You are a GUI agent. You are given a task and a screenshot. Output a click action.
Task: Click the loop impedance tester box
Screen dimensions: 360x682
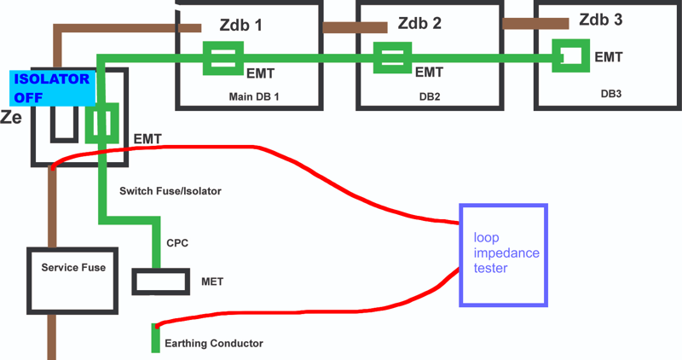502,255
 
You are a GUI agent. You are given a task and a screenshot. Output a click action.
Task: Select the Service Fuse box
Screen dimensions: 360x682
73,280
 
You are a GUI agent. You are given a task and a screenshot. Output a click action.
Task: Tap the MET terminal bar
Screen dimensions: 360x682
160,282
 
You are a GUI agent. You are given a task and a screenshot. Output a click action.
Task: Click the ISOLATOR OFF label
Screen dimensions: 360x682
51,88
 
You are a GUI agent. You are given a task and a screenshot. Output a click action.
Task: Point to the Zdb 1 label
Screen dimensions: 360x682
240,25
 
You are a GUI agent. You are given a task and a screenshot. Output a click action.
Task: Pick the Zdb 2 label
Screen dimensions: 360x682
419,24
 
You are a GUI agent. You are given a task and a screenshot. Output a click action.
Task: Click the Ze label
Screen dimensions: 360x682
11,118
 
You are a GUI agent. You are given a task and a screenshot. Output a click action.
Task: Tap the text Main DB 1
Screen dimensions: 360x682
254,96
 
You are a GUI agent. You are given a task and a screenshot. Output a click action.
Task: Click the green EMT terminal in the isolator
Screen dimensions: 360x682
103,125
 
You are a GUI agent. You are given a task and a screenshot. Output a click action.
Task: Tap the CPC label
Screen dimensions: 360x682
177,243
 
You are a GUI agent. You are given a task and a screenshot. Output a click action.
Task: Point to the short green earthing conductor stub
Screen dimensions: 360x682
155,339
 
